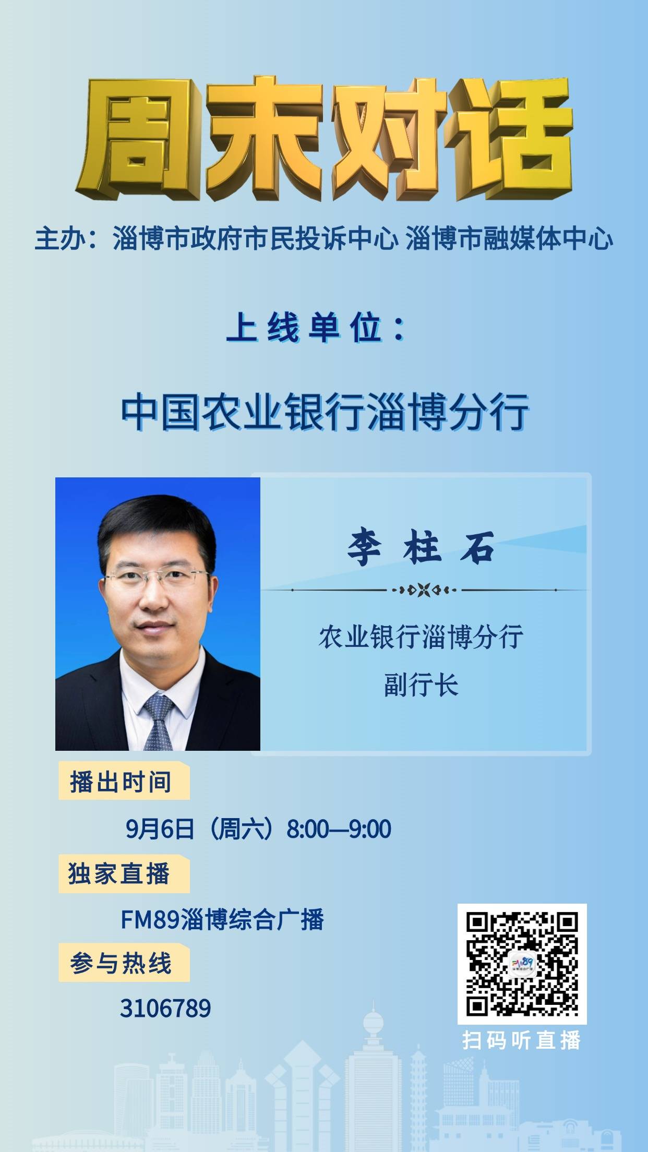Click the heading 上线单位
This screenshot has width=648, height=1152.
pos(316,329)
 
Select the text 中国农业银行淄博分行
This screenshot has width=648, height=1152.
pos(325,413)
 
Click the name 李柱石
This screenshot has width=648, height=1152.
pos(421,548)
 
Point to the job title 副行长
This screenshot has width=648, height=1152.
pos(421,685)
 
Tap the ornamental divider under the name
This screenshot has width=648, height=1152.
pos(424,590)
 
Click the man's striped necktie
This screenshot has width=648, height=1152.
pos(159,723)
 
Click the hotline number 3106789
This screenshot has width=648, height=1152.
pos(165,1009)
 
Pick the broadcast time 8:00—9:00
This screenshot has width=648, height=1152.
pos(339,829)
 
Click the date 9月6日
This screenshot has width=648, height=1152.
pos(160,829)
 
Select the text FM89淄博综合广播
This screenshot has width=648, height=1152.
pos(222,919)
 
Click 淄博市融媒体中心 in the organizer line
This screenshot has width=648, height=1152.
pos(509,239)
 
